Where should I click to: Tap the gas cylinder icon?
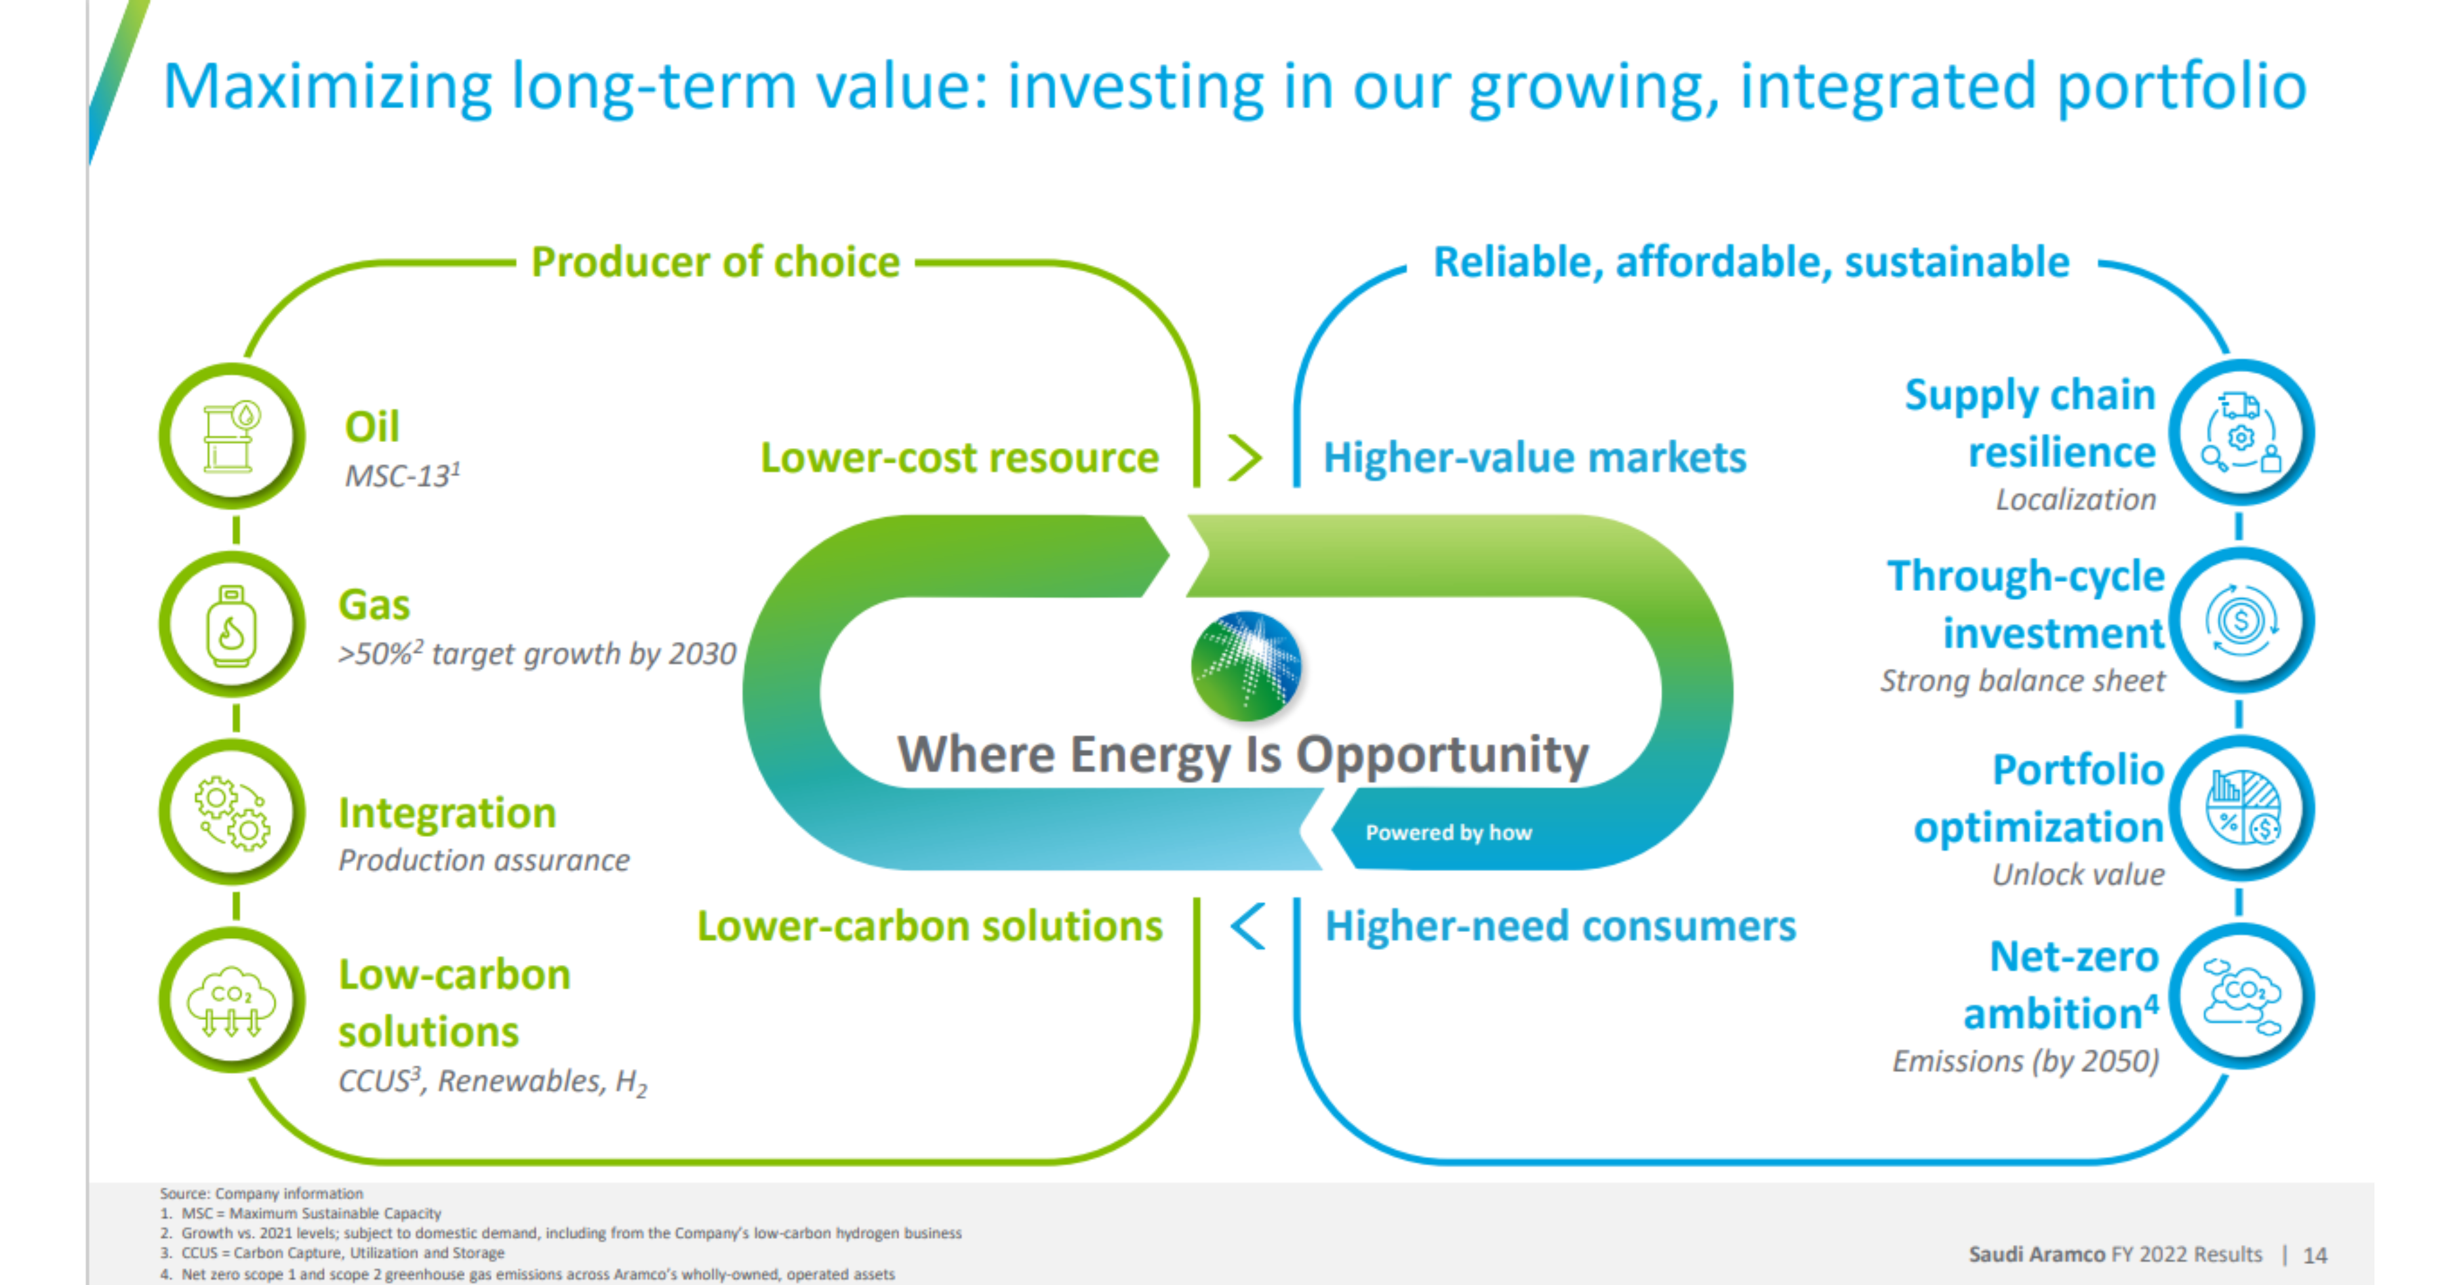click(x=231, y=625)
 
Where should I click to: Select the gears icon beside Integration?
click(x=232, y=813)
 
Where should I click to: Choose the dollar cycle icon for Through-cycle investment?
click(x=2241, y=621)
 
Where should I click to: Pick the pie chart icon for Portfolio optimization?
click(x=2241, y=807)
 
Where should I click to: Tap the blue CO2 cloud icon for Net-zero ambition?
click(x=2241, y=996)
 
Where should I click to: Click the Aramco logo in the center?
click(x=1246, y=665)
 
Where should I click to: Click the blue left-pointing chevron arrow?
click(x=1249, y=926)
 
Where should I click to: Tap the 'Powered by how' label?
click(x=1448, y=832)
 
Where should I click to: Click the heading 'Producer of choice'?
click(x=715, y=262)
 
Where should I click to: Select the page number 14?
click(x=2315, y=1255)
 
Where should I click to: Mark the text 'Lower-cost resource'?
click(x=959, y=457)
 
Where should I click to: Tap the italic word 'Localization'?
click(x=2075, y=499)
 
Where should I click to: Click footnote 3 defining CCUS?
click(x=332, y=1253)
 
